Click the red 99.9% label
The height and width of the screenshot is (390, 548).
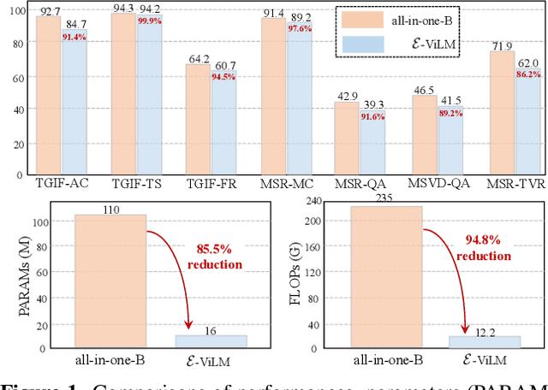[x=150, y=21]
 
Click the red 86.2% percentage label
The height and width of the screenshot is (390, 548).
[x=527, y=74]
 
